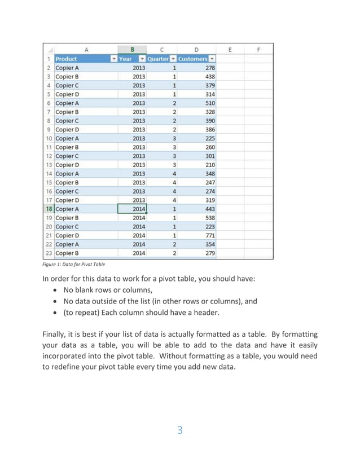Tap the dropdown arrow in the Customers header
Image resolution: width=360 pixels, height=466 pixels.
click(x=212, y=59)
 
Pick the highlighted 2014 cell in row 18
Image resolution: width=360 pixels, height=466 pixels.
click(x=132, y=209)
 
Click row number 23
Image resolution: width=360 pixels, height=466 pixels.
click(x=49, y=253)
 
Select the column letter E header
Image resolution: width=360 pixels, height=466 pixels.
click(x=231, y=49)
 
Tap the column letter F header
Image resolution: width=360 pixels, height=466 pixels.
click(x=258, y=49)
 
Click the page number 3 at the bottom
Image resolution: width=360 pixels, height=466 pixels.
click(x=180, y=430)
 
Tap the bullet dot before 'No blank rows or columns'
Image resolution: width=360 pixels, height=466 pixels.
click(x=57, y=291)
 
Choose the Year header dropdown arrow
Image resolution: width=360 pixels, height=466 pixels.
click(x=142, y=59)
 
